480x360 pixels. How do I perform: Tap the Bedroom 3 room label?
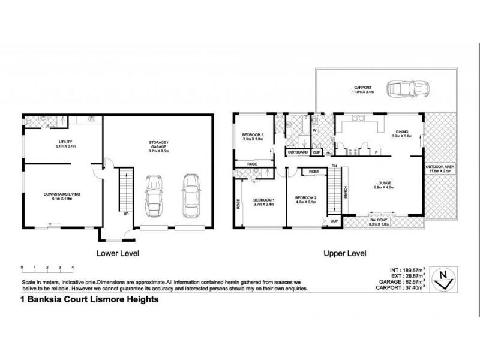click(x=252, y=136)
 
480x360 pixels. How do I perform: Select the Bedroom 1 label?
click(x=263, y=202)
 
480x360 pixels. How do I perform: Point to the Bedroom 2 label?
click(x=305, y=200)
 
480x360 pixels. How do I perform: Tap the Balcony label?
click(x=379, y=221)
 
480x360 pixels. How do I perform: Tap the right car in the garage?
click(x=191, y=194)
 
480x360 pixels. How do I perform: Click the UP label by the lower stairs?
click(x=125, y=212)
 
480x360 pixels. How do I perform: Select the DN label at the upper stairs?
click(x=335, y=165)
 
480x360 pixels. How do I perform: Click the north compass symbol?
click(x=443, y=279)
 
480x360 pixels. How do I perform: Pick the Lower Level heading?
click(x=118, y=253)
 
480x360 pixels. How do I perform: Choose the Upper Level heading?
click(x=346, y=253)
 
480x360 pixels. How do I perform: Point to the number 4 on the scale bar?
click(x=73, y=266)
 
